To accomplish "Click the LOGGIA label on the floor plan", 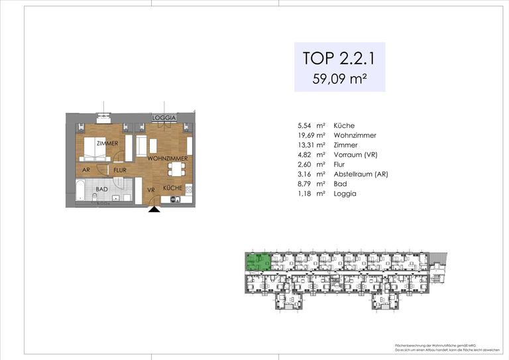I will [164, 118].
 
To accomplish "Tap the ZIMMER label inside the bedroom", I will [107, 143].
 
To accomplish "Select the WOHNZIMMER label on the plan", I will [167, 159].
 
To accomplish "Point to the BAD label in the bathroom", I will [101, 189].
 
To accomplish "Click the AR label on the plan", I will [85, 170].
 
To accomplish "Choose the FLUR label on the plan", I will [120, 170].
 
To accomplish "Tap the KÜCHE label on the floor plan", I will [173, 189].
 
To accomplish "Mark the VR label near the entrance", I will [151, 190].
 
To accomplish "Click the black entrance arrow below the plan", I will [154, 210].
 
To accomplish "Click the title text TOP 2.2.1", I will [339, 58].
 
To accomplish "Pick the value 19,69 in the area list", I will [310, 135].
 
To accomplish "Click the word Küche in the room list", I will [344, 125].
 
